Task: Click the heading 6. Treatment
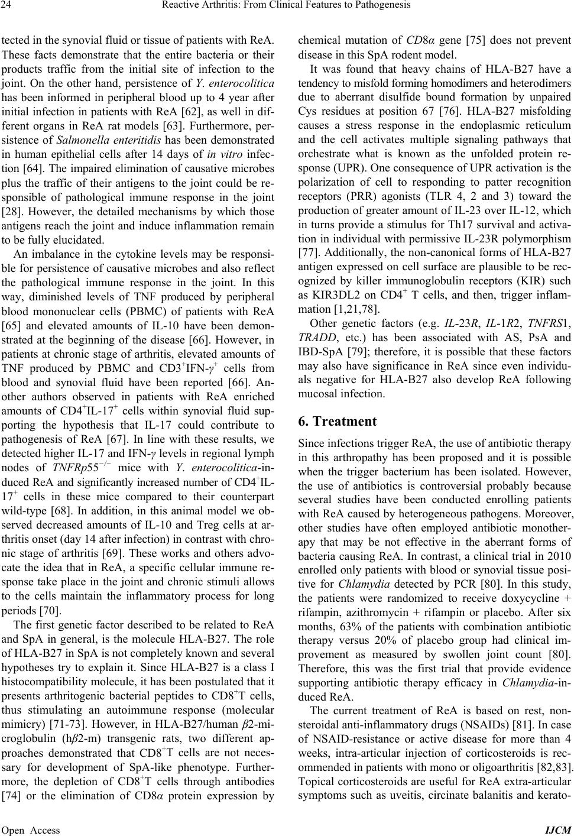click(338, 422)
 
